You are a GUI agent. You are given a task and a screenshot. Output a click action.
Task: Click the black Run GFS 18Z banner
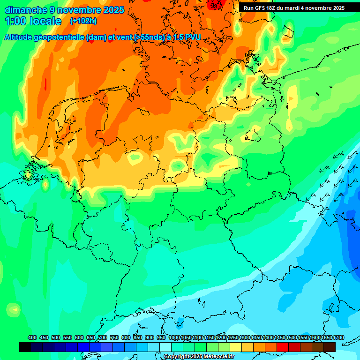[x=294, y=7]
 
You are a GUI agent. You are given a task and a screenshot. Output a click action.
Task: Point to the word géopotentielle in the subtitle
[x=59, y=37]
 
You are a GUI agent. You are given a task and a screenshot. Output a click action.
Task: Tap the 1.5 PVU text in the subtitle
[x=186, y=37]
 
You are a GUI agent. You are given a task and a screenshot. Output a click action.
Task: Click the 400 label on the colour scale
[x=32, y=337]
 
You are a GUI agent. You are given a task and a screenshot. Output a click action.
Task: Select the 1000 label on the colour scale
[x=174, y=337]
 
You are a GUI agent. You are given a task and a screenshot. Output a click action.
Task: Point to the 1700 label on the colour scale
[x=338, y=337]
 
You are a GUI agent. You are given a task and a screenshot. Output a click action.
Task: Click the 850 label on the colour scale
[x=138, y=337]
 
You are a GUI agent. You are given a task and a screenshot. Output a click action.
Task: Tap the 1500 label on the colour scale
[x=291, y=337]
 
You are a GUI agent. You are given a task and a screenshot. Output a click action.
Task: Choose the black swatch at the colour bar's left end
[x=25, y=347]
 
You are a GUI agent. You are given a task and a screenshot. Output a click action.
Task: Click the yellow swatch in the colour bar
[x=236, y=347]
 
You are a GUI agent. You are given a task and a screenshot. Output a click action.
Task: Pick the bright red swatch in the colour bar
[x=283, y=347]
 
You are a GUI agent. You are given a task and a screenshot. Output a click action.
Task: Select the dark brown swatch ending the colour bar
[x=330, y=347]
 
